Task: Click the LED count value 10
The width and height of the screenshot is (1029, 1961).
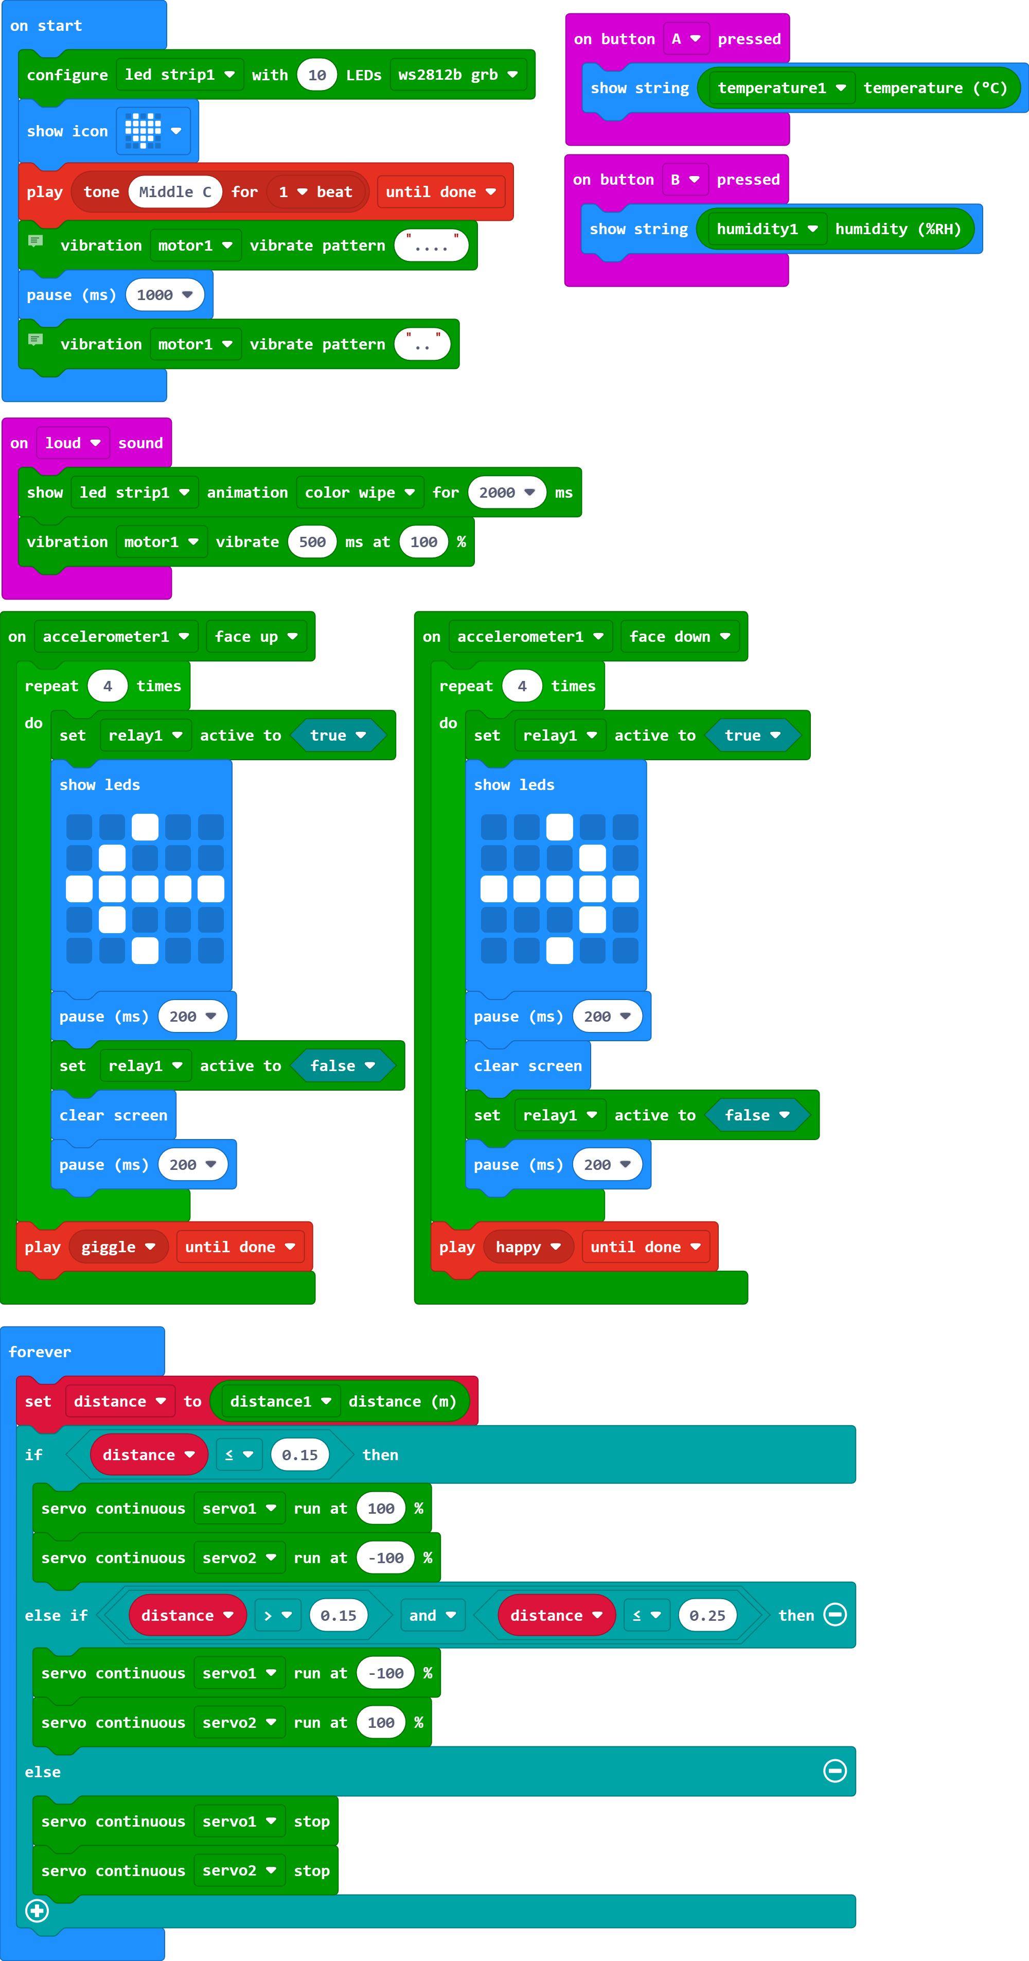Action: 316,75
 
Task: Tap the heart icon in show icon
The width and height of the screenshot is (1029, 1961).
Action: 143,131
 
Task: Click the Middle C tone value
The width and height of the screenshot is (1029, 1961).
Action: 175,192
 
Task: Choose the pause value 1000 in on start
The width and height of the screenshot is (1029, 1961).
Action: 165,294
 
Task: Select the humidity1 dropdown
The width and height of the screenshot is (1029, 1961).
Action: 767,229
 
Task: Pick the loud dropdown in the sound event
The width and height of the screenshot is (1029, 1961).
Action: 73,443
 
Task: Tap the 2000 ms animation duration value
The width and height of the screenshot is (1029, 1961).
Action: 506,493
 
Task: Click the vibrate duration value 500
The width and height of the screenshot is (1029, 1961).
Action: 312,542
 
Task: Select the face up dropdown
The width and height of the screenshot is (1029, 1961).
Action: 256,636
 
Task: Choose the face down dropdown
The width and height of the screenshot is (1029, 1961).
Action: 679,636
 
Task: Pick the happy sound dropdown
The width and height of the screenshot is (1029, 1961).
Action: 527,1247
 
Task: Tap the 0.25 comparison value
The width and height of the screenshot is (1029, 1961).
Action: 707,1616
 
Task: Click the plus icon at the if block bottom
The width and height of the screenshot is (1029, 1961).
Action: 37,1910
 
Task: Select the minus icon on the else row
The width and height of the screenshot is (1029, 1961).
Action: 835,1772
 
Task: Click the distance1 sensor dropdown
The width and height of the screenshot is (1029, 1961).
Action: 280,1402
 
